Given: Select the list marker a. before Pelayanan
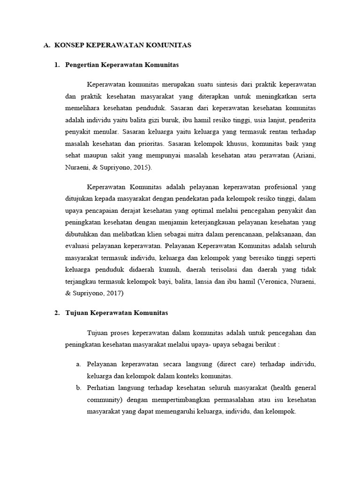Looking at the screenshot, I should click(79, 364).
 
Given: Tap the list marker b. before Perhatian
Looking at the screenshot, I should click(79, 388).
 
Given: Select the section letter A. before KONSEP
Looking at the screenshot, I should click(46, 45).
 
